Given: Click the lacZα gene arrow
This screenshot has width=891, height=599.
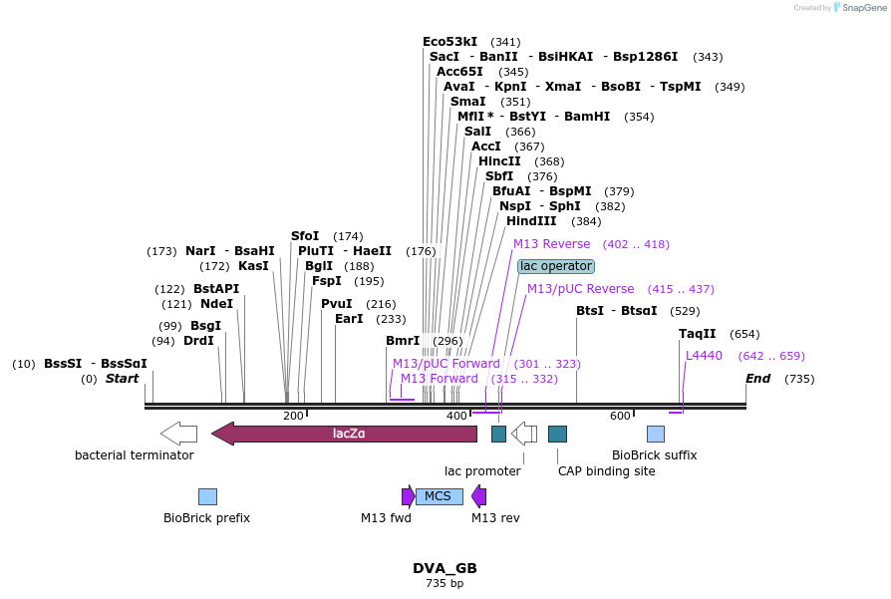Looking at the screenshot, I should point(344,434).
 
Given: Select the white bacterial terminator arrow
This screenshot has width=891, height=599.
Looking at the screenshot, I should point(178,434).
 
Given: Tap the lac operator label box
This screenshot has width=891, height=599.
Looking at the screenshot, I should point(556,266).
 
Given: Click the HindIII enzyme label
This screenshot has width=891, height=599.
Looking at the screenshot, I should point(531,221).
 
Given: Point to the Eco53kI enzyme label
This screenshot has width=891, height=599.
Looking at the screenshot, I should point(449,42).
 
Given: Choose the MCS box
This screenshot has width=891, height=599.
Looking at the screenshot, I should point(439,496).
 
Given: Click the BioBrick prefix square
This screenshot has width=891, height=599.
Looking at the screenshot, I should point(207,496).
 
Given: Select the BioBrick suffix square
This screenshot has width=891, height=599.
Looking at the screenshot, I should point(655,434).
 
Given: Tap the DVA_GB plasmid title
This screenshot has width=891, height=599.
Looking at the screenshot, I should point(445,568).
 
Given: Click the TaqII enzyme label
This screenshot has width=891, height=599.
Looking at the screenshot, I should point(698,334).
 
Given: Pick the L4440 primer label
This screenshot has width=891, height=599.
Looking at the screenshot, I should point(704,356).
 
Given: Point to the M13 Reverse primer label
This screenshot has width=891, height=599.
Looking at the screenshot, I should point(551,244).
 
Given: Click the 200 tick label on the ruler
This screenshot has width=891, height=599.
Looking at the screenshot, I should point(293,416).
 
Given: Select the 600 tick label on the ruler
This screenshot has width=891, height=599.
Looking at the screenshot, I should point(620,416).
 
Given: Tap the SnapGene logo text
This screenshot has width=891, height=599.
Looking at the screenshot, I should point(860,8).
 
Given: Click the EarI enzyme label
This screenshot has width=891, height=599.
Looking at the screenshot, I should point(349,319).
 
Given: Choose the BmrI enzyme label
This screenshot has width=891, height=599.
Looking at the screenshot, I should point(403,341).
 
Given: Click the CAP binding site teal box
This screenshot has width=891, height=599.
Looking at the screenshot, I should point(557,434).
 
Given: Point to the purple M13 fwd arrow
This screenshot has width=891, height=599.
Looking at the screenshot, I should point(408,496).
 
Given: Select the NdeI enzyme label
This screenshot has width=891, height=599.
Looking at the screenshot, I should point(216,304).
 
